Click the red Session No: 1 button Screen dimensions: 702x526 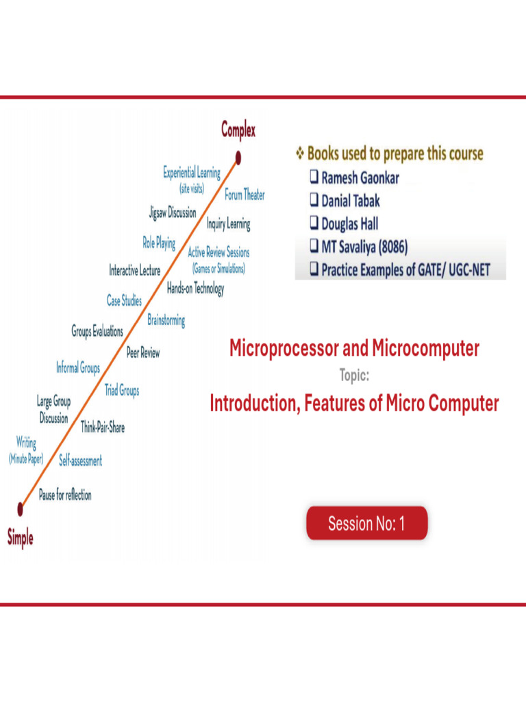click(x=366, y=524)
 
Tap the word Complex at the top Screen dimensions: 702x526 click(x=238, y=130)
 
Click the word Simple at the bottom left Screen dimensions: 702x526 click(x=21, y=538)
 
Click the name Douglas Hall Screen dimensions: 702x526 click(x=349, y=224)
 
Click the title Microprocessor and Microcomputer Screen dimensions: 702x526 click(x=354, y=349)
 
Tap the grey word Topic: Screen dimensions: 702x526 click(x=354, y=376)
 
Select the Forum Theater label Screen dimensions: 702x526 click(x=245, y=195)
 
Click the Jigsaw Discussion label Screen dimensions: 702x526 click(x=173, y=213)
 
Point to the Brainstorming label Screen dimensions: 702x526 click(x=166, y=320)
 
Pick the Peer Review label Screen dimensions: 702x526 click(x=143, y=353)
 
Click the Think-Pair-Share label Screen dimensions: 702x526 click(x=103, y=427)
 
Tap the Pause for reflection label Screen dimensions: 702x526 click(x=65, y=495)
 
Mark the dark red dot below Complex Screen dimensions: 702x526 click(x=238, y=158)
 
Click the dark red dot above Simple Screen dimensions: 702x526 click(x=20, y=508)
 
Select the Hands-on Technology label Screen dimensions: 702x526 click(x=195, y=289)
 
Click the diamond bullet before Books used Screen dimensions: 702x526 click(x=299, y=153)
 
